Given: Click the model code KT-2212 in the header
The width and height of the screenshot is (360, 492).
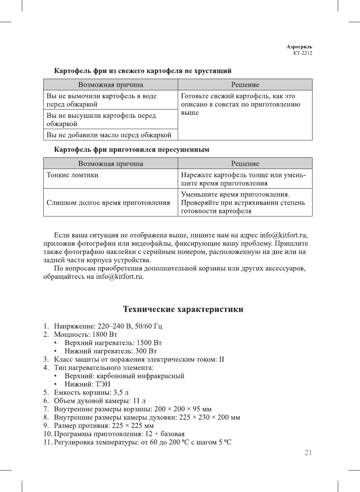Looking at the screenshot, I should (x=302, y=53).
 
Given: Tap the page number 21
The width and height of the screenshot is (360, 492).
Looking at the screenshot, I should (x=308, y=453).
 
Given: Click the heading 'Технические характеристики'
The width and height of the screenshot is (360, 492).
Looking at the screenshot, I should (x=183, y=309).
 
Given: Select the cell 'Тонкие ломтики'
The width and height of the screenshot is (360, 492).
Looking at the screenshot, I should (x=72, y=175).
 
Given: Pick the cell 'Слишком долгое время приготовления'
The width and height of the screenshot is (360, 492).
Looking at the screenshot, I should (x=108, y=203).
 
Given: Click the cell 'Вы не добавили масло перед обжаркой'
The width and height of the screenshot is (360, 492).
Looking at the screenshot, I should (x=109, y=135).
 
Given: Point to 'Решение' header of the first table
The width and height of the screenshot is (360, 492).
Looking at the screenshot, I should (x=245, y=85).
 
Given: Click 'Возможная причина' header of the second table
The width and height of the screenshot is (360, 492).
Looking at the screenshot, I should (x=110, y=164).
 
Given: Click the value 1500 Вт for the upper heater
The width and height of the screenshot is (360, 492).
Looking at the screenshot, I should (x=149, y=343).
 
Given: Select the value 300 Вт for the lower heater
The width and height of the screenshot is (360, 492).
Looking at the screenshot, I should (x=146, y=351).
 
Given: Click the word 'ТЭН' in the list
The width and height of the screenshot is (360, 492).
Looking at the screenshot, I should (x=103, y=384).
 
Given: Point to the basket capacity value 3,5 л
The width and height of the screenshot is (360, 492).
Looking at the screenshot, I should (x=121, y=393).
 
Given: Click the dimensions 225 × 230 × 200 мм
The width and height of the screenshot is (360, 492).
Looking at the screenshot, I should (x=209, y=417).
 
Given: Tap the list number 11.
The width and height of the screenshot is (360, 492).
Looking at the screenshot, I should (x=47, y=442).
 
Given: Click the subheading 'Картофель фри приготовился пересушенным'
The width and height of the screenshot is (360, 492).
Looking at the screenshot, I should (x=131, y=150).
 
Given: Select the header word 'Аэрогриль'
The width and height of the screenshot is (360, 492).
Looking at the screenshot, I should (x=299, y=47).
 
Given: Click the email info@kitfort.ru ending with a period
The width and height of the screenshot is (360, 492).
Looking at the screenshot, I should (x=120, y=277).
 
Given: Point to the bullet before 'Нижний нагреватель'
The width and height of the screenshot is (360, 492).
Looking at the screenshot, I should (x=55, y=351).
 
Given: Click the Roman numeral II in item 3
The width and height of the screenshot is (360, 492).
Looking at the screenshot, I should (x=221, y=359).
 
